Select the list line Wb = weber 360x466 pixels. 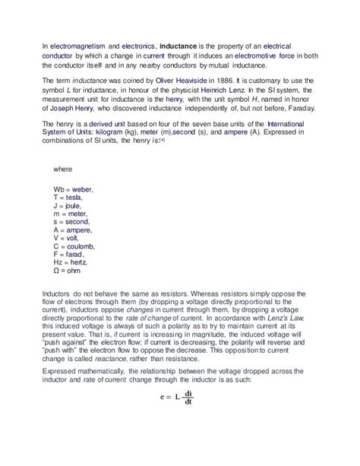coord(74,189)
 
